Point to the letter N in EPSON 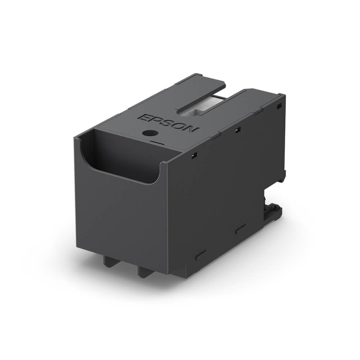[192, 130]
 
